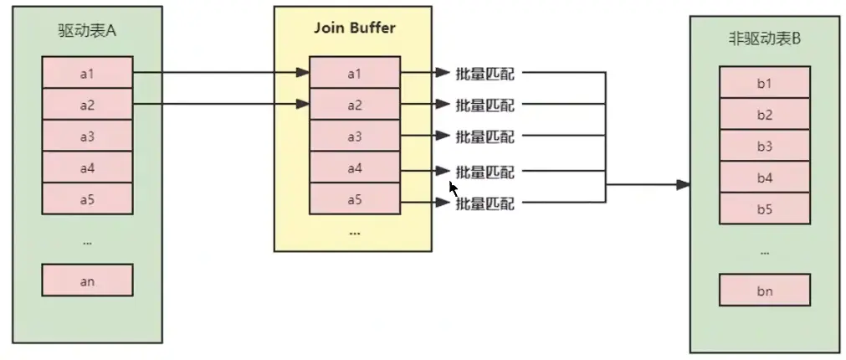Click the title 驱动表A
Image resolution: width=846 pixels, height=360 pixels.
(87, 33)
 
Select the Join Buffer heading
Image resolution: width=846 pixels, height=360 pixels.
(354, 28)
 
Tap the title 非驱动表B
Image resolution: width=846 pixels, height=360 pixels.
(764, 39)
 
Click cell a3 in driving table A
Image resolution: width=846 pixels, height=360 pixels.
(87, 136)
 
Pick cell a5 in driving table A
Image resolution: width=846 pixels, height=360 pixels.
(87, 198)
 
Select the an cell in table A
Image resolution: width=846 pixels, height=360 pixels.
(87, 280)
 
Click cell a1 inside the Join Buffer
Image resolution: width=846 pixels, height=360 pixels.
(354, 74)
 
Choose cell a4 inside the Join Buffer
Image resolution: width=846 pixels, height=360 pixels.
(354, 167)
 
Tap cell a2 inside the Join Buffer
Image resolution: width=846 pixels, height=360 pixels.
(354, 105)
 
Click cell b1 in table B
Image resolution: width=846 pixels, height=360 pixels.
(764, 83)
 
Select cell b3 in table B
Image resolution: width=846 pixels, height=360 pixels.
(764, 146)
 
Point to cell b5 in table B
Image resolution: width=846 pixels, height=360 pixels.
(764, 209)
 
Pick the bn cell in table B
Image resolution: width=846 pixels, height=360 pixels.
(764, 291)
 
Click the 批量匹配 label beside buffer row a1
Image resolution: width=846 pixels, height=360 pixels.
(485, 74)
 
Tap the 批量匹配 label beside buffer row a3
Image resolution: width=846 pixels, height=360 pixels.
(485, 136)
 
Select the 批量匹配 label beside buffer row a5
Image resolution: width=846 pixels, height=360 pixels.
(485, 203)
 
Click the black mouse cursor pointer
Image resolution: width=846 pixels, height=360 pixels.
(453, 188)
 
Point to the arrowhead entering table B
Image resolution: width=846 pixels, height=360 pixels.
(684, 184)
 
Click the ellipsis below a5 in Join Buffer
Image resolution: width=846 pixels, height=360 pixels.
(354, 232)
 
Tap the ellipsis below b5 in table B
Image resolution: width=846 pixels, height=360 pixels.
(764, 250)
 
